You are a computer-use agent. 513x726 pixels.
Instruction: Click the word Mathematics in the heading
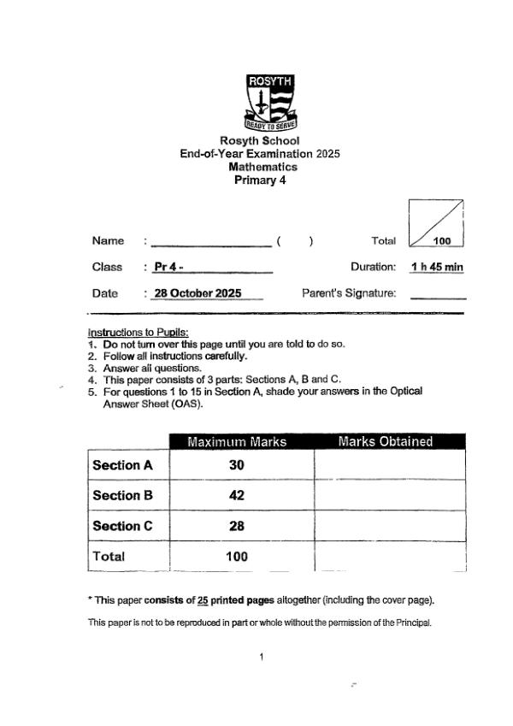[x=262, y=167]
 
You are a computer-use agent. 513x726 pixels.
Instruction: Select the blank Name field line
[x=210, y=243]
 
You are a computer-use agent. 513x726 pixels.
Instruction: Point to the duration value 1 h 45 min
[x=437, y=267]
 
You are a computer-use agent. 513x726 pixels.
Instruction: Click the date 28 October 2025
[x=198, y=293]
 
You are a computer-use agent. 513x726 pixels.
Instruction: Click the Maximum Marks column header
[x=237, y=442]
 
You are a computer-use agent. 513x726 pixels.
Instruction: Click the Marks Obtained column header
[x=386, y=442]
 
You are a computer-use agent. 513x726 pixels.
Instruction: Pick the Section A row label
[x=122, y=465]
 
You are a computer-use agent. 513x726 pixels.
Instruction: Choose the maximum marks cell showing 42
[x=237, y=496]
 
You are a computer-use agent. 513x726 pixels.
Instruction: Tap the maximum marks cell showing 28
[x=237, y=526]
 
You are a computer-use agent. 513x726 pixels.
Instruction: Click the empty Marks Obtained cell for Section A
[x=389, y=465]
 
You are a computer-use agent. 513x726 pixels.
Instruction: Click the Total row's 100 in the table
[x=237, y=556]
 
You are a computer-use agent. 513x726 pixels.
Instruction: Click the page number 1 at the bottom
[x=261, y=657]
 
